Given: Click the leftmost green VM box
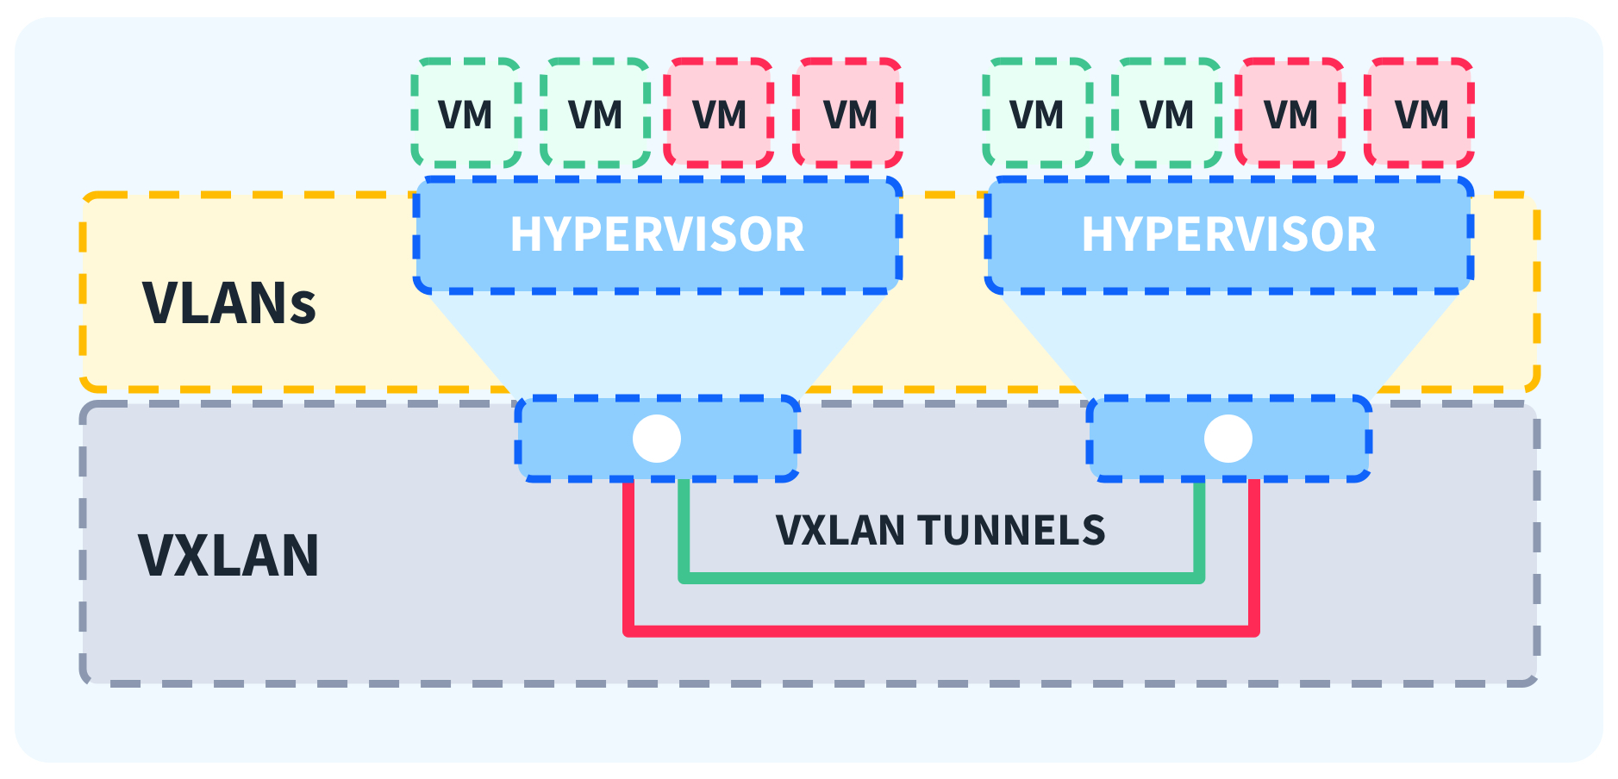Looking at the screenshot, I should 466,113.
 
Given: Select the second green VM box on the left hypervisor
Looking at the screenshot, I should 596,113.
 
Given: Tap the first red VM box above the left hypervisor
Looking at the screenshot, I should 719,113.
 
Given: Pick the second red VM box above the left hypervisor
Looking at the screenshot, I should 848,113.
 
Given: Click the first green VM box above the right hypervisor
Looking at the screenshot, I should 1038,113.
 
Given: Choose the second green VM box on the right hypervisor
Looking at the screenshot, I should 1167,113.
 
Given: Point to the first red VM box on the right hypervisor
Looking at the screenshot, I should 1290,113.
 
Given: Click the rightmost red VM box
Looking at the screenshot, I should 1420,113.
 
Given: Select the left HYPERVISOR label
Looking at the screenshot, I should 657,234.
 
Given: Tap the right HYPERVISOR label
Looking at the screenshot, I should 1228,234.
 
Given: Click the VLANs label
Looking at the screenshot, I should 229,303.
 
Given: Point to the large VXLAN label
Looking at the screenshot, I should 228,555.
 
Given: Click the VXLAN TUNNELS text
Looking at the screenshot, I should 940,530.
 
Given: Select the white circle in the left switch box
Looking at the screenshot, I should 657,439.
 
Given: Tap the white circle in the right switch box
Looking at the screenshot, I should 1228,439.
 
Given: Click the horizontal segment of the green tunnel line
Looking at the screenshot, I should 940,577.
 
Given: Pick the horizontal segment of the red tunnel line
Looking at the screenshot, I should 940,631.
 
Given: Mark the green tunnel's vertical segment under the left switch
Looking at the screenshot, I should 684,530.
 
